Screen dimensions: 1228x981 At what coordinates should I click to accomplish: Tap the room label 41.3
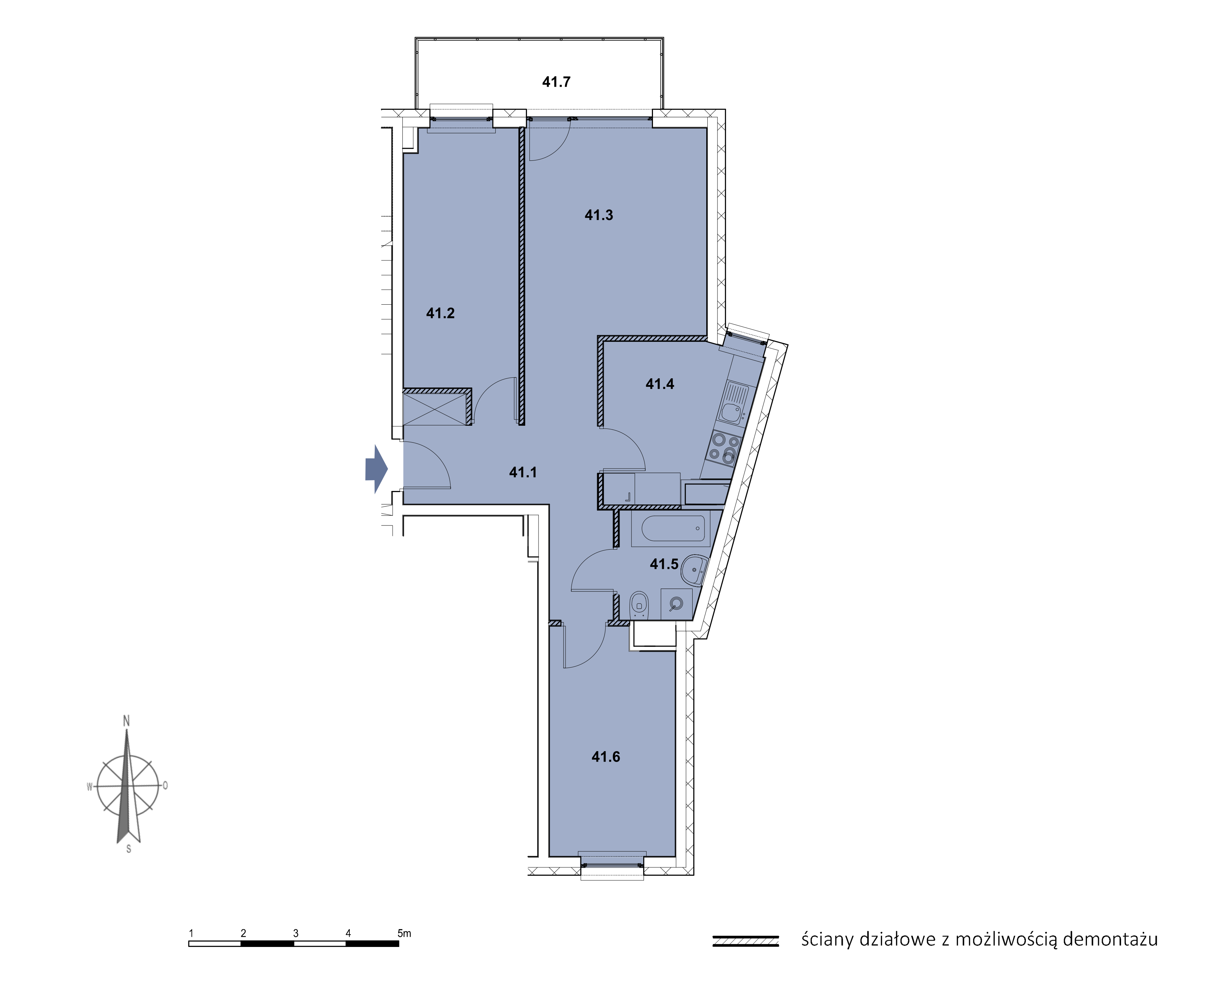coord(599,215)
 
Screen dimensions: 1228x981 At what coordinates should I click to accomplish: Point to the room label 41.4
coord(660,384)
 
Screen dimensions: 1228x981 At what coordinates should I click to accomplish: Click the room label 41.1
coord(523,472)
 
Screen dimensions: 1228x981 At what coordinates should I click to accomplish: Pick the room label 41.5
coord(664,564)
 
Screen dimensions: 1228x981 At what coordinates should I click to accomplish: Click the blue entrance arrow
coord(376,469)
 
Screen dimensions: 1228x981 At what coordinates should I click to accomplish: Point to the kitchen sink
coord(733,403)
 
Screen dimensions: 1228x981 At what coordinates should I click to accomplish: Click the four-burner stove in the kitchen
coord(724,448)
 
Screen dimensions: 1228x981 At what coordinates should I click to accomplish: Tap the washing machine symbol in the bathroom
coord(676,603)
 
